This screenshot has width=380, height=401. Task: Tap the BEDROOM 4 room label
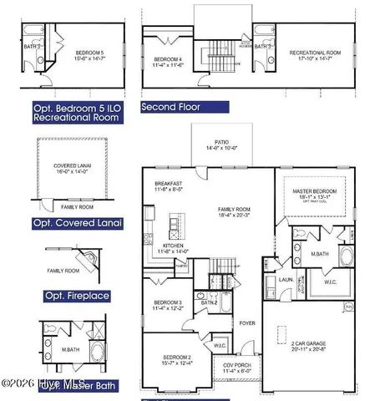point(169,59)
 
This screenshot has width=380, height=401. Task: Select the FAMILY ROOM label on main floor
point(236,209)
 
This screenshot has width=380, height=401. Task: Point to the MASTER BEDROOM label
point(313,191)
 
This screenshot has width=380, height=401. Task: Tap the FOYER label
point(248,320)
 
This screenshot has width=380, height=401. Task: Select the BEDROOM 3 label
point(168,302)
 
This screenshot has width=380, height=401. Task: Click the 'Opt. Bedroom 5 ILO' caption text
point(79,107)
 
